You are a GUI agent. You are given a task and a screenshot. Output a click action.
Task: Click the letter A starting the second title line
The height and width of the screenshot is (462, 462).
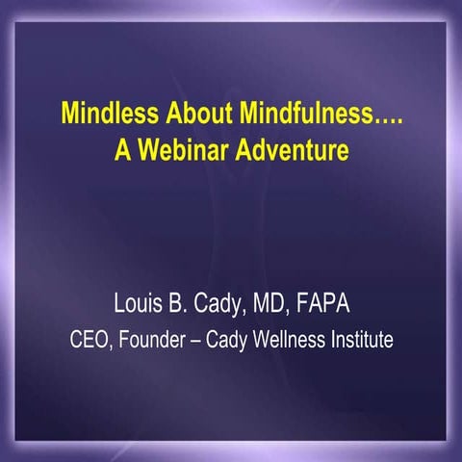click(x=122, y=151)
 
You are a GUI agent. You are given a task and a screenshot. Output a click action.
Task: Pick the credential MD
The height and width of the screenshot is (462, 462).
click(x=271, y=307)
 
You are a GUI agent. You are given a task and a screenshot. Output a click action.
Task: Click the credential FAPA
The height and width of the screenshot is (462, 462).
click(x=324, y=307)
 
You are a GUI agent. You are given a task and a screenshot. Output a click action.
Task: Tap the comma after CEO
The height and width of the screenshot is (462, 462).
click(x=111, y=346)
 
